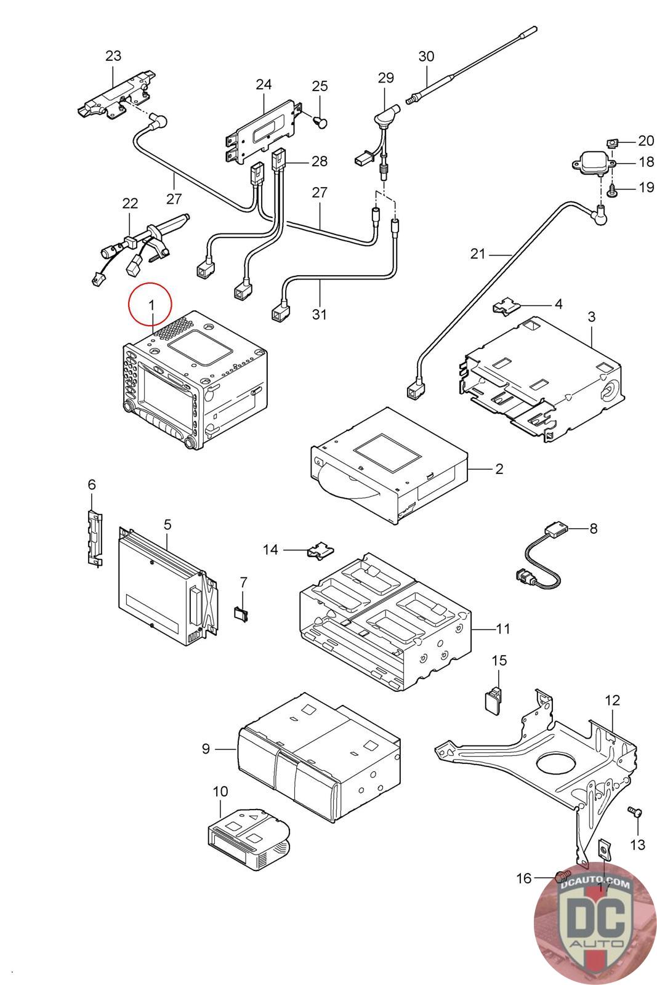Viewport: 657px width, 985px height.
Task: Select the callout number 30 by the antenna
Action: pyautogui.click(x=426, y=57)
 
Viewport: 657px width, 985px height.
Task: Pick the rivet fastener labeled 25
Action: pyautogui.click(x=321, y=121)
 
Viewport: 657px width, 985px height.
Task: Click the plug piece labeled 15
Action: pyautogui.click(x=491, y=700)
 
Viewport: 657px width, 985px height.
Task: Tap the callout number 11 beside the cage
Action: pyautogui.click(x=503, y=629)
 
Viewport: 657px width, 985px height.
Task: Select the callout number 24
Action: pyautogui.click(x=264, y=84)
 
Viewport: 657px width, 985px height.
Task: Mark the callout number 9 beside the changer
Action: pyautogui.click(x=206, y=749)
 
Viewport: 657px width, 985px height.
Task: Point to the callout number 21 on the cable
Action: pyautogui.click(x=478, y=254)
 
